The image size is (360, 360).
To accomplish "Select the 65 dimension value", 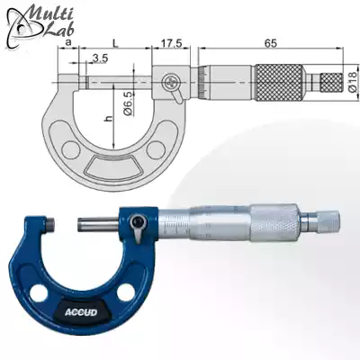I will tap(271, 42).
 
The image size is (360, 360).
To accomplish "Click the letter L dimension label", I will tap(118, 42).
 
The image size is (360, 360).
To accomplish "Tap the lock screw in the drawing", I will tap(170, 84).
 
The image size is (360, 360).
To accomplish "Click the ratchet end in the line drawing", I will tap(329, 82).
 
